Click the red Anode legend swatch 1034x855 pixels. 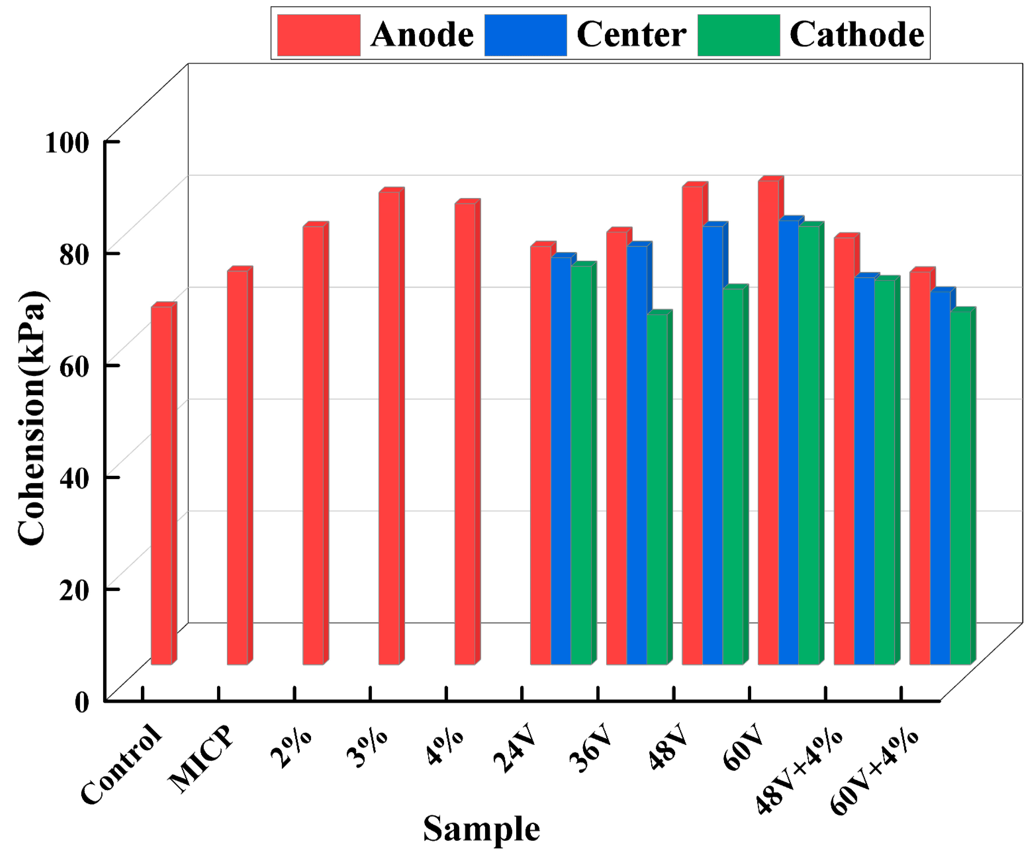[x=319, y=35]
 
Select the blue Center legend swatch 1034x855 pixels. [x=525, y=35]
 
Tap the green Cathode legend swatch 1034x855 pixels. [x=738, y=35]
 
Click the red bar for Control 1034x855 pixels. [x=161, y=485]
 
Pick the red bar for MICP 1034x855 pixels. [x=237, y=468]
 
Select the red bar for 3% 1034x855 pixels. [x=389, y=429]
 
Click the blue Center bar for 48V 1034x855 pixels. [x=713, y=446]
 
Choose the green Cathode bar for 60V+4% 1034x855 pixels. [x=960, y=487]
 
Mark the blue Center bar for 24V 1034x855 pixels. [x=561, y=461]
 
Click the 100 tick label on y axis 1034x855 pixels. [x=67, y=143]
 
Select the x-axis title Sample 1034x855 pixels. [x=481, y=828]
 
